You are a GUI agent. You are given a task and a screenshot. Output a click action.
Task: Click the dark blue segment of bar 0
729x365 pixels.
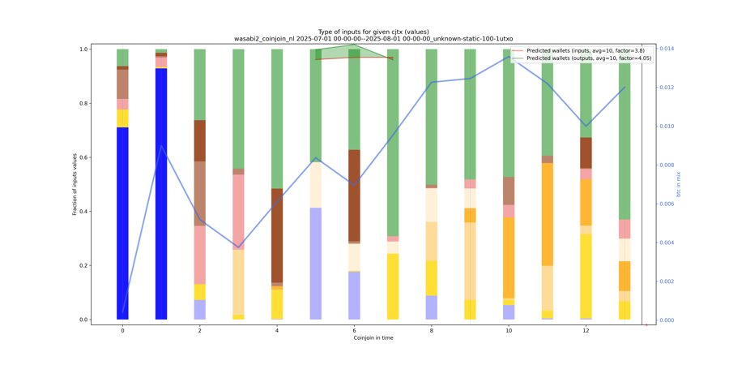122,223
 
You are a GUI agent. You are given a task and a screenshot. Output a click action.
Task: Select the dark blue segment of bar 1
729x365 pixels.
161,194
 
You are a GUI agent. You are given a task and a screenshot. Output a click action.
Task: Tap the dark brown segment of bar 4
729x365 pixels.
277,235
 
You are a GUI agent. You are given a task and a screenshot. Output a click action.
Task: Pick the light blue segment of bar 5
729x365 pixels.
316,264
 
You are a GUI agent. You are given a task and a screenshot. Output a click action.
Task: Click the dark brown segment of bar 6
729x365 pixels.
354,195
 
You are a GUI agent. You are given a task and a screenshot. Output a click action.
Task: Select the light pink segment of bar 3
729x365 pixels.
238,212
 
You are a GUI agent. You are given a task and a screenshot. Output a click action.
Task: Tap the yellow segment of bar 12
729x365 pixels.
586,276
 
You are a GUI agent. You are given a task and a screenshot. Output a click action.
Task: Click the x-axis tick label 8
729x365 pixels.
432,330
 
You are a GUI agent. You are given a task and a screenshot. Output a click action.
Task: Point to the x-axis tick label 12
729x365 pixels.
586,330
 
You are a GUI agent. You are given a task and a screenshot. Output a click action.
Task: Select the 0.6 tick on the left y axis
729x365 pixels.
83,157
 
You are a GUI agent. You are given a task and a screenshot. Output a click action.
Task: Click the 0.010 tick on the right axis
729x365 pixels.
665,127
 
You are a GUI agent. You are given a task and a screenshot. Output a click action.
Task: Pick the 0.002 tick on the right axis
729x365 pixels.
665,281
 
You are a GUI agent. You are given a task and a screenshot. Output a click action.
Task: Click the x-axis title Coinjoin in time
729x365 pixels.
373,338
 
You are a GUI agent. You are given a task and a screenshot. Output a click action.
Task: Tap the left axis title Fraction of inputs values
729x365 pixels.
75,184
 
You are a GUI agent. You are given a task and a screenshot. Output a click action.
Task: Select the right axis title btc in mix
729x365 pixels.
679,184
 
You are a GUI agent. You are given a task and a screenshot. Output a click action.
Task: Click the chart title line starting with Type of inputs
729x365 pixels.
373,32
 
